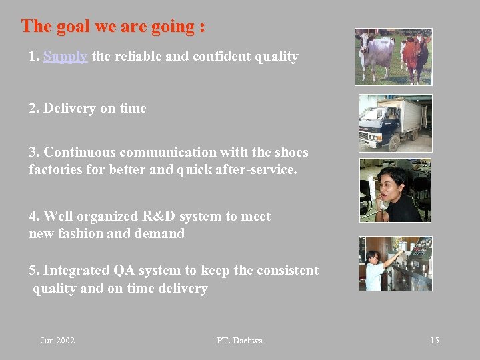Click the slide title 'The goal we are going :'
tap(113, 27)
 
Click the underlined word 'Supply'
tap(65, 57)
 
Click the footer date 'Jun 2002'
tap(57, 341)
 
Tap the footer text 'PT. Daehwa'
tap(239, 341)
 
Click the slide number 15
tap(434, 341)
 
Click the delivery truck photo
tap(395, 123)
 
